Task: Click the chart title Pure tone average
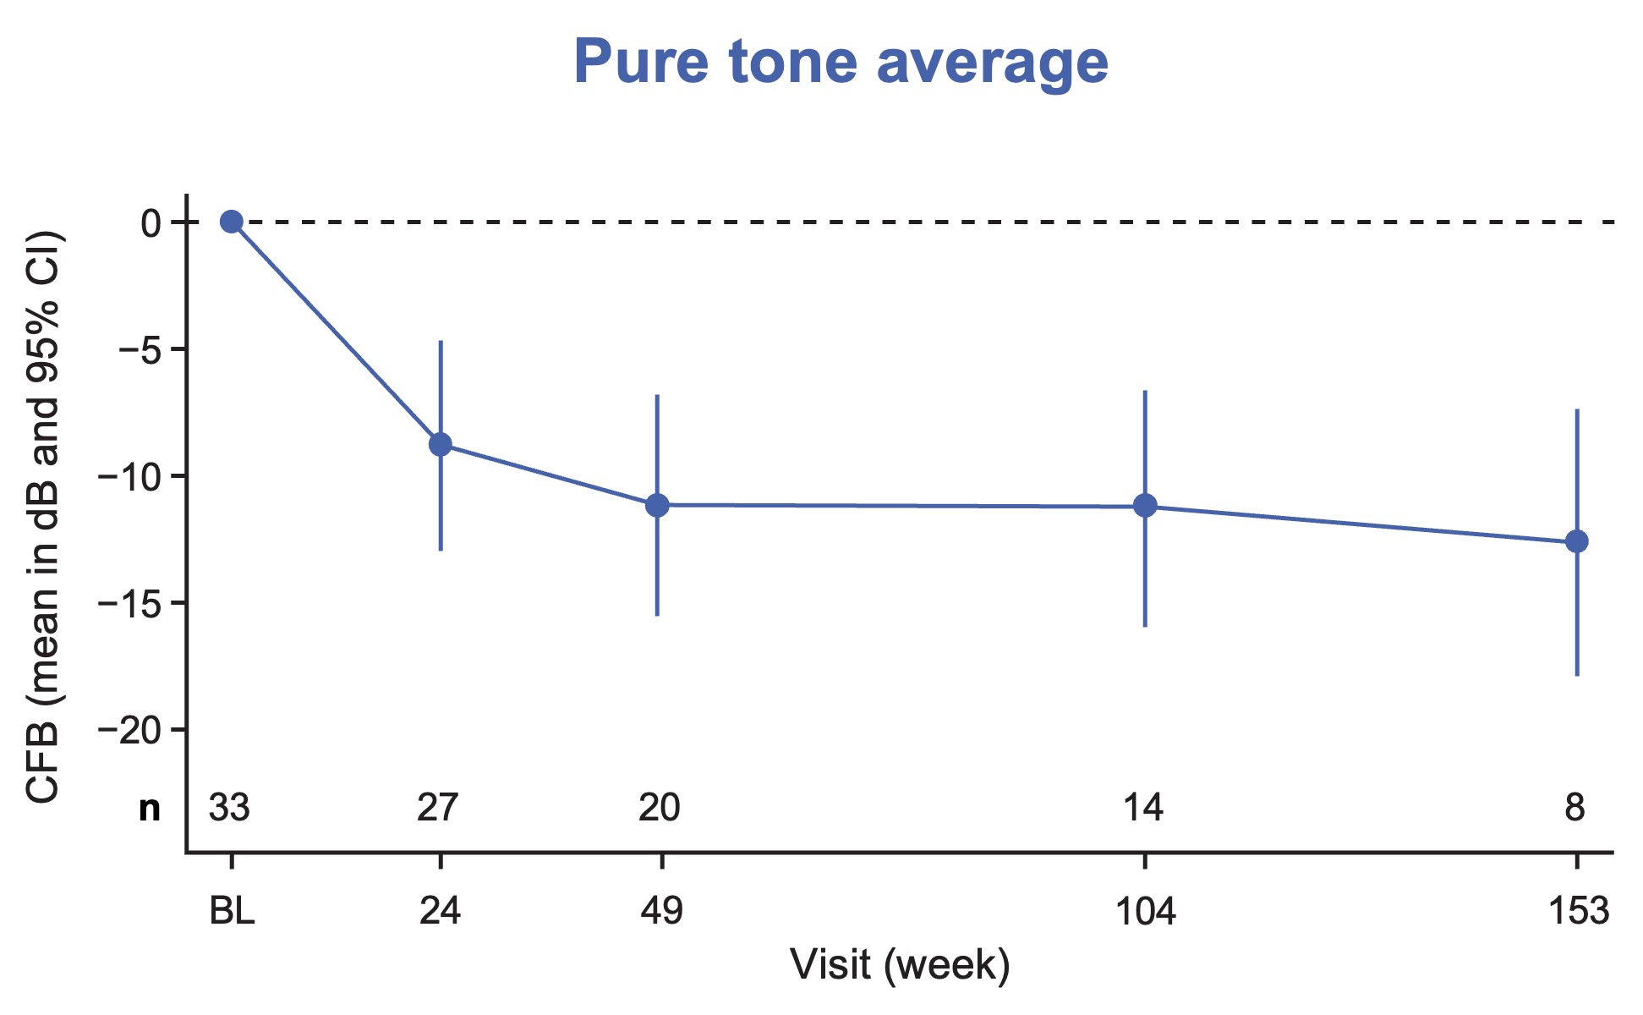[x=841, y=63]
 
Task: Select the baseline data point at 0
[x=231, y=222]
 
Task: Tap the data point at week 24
[x=441, y=444]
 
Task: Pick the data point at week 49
[x=657, y=505]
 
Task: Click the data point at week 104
[x=1145, y=506]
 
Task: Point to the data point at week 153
[x=1577, y=541]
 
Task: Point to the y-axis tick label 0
[x=151, y=222]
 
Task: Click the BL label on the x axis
[x=232, y=913]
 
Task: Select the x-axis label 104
[x=1145, y=913]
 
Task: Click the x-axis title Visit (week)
[x=900, y=965]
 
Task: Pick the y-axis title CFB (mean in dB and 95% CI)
[x=44, y=516]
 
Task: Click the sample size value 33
[x=230, y=809]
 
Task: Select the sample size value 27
[x=438, y=809]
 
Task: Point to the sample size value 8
[x=1575, y=809]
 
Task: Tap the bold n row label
[x=150, y=809]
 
